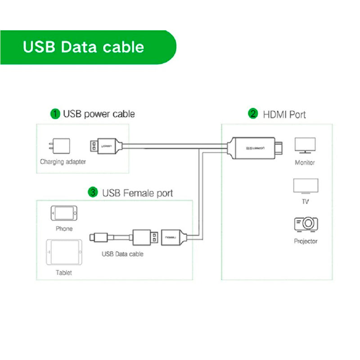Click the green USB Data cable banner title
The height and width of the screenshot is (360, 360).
click(x=84, y=47)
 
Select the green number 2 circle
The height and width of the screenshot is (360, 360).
click(x=253, y=114)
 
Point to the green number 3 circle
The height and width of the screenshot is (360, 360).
click(x=93, y=193)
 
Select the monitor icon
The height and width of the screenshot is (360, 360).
click(x=305, y=145)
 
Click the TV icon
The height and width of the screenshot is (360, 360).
click(x=306, y=186)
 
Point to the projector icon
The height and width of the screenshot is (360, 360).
click(x=306, y=224)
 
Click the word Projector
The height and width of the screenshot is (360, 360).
click(x=306, y=241)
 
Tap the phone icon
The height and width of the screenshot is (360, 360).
click(x=64, y=213)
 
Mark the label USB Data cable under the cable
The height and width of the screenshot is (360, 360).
click(x=122, y=254)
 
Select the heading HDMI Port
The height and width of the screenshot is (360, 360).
click(x=284, y=114)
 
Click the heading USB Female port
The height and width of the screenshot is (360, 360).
click(x=137, y=193)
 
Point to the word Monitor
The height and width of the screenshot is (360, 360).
click(x=305, y=162)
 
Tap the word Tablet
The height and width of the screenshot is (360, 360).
click(x=64, y=272)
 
